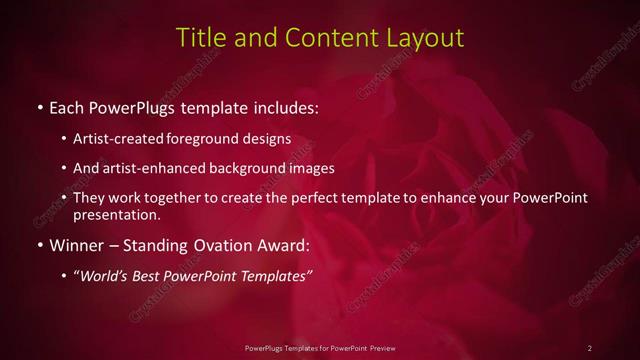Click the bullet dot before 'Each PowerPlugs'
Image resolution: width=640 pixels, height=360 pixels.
tap(39, 105)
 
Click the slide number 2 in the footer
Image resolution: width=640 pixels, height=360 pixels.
tap(590, 348)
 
